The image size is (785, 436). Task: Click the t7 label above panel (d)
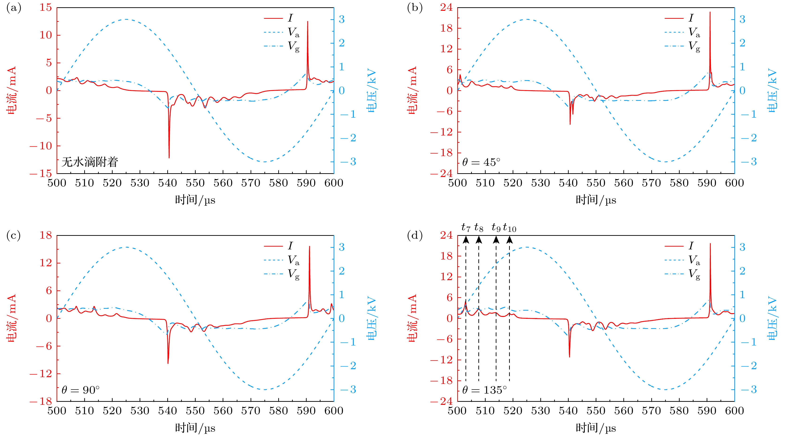(466, 227)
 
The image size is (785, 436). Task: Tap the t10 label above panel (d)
(510, 227)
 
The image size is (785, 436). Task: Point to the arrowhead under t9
(496, 240)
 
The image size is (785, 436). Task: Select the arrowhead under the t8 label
(479, 240)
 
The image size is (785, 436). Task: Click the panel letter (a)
(14, 8)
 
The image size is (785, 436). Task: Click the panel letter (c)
(14, 235)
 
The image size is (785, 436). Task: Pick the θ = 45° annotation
(481, 162)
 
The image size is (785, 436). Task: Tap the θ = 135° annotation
(484, 390)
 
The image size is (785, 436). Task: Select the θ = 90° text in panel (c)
(80, 390)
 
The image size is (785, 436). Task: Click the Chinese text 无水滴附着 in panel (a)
(90, 162)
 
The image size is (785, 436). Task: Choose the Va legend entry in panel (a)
(293, 32)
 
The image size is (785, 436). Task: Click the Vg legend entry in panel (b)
(694, 46)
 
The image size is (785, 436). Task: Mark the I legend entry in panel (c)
(290, 246)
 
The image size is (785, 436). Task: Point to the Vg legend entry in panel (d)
(694, 274)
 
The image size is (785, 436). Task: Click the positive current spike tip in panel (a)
(308, 22)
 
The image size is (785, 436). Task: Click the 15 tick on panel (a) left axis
(46, 7)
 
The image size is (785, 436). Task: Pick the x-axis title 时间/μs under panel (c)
(195, 428)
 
